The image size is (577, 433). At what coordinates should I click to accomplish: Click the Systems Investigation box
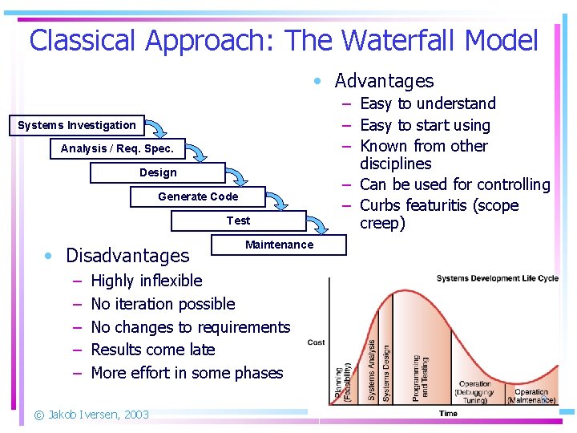tap(77, 125)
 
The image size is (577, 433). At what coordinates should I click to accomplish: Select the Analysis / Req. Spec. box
tap(117, 148)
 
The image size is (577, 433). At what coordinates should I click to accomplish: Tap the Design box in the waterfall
tap(158, 172)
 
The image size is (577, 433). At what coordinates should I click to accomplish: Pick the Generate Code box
tap(198, 196)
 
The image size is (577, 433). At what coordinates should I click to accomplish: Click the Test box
tap(238, 221)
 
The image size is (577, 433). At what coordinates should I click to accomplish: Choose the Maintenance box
tap(279, 245)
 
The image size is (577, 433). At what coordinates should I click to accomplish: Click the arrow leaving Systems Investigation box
tap(158, 128)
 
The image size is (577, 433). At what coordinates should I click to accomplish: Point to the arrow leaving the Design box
tap(238, 176)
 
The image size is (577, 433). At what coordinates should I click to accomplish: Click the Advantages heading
tap(383, 81)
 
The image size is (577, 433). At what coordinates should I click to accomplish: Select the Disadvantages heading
tap(127, 256)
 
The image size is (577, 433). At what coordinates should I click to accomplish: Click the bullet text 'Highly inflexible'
tap(147, 281)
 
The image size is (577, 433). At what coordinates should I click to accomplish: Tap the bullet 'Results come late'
tap(153, 350)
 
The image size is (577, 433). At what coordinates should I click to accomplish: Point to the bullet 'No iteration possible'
tap(163, 304)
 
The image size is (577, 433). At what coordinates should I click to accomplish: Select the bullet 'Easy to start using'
tap(425, 125)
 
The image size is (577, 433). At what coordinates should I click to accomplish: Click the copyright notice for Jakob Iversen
tap(91, 415)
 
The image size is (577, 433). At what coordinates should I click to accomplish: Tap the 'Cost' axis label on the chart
tap(316, 342)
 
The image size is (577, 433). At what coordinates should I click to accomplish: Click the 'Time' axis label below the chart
tap(448, 414)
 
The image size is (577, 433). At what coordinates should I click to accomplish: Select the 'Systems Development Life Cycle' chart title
tap(497, 278)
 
